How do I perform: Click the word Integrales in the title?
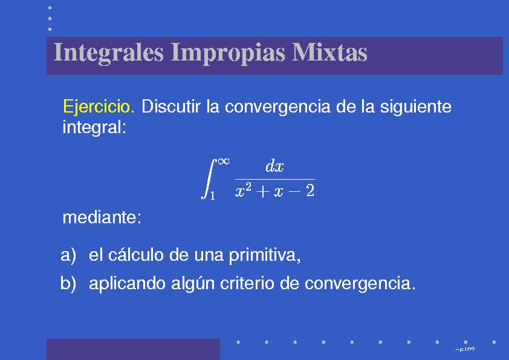pos(108,53)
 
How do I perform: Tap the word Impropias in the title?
pos(228,53)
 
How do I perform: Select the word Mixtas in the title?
pos(329,52)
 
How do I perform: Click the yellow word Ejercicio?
pos(99,107)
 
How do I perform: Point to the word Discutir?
pos(170,106)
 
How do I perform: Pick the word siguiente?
pos(415,107)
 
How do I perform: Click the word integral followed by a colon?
pos(94,127)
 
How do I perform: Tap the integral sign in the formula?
pos(209,178)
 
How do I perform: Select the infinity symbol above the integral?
pos(224,161)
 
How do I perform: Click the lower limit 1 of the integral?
pos(212,195)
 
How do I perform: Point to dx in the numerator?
pos(274,166)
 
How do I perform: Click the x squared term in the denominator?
pos(243,190)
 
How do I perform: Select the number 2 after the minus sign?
pos(310,191)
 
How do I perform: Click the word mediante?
pos(102,217)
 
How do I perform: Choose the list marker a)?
pos(68,255)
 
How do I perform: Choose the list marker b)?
pos(68,283)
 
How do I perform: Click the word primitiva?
pos(265,255)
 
